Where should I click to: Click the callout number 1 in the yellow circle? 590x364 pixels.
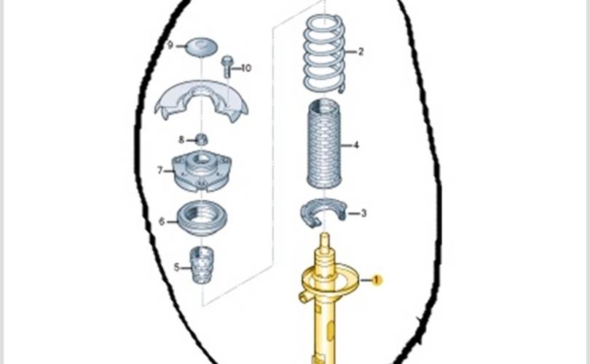377,280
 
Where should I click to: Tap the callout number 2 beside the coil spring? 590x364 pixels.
360,52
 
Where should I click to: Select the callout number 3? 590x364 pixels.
363,213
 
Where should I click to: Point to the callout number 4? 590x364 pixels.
356,146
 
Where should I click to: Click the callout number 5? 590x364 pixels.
177,267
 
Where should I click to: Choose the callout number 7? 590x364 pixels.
160,170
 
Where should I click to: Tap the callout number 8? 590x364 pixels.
181,139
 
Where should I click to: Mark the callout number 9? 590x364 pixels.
170,45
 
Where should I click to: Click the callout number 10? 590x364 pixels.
246,68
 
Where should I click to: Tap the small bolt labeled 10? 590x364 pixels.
227,66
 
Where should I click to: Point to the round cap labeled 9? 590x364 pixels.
200,47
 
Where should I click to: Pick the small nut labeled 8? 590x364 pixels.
202,138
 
